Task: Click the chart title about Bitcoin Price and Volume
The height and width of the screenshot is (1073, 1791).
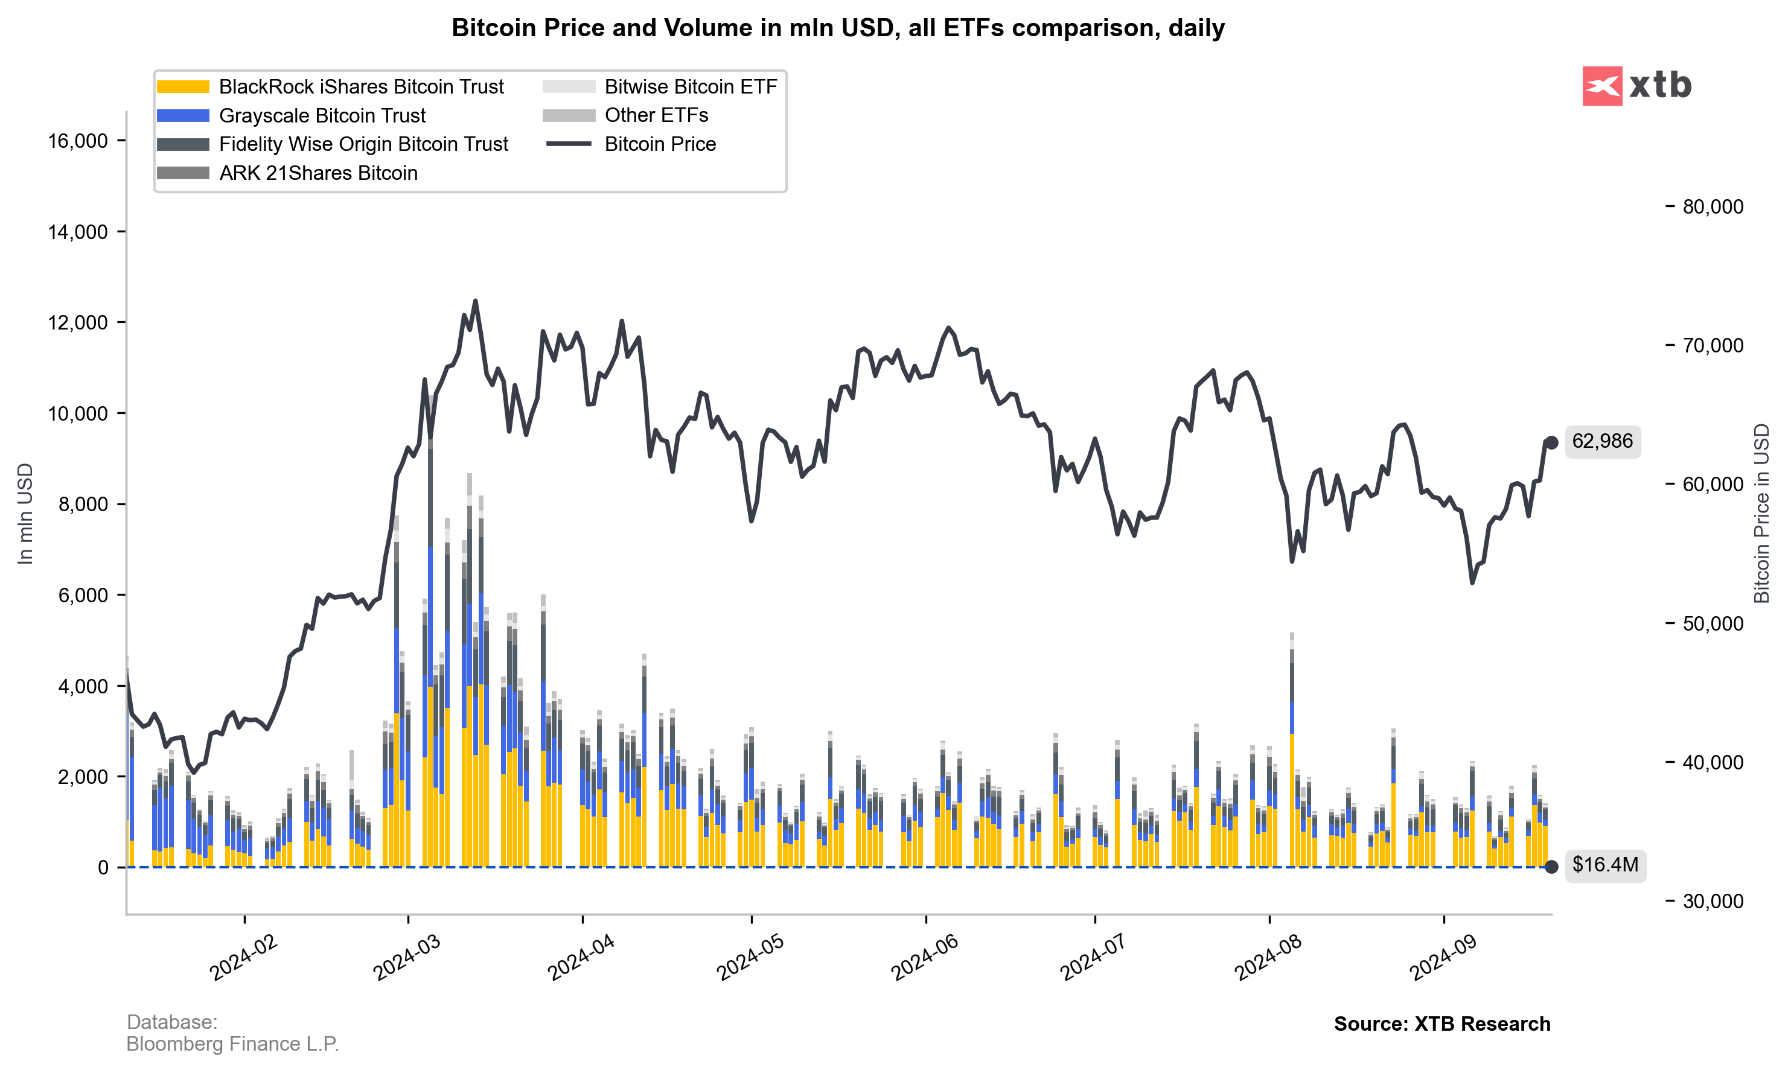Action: [837, 28]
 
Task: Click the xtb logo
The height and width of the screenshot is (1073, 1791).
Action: [1636, 86]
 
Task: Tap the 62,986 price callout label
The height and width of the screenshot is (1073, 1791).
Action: [1601, 441]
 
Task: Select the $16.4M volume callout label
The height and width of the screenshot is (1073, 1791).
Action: [1604, 865]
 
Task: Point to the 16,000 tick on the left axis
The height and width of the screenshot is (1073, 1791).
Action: [78, 141]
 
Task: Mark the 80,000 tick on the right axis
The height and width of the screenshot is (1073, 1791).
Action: [1712, 207]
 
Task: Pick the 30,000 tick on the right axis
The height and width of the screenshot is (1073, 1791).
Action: [1712, 901]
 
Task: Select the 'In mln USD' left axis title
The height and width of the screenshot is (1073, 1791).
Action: [25, 514]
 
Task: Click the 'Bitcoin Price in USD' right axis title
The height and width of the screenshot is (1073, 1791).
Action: [1762, 514]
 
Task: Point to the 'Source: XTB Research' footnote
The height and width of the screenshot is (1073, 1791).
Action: [1441, 1024]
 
